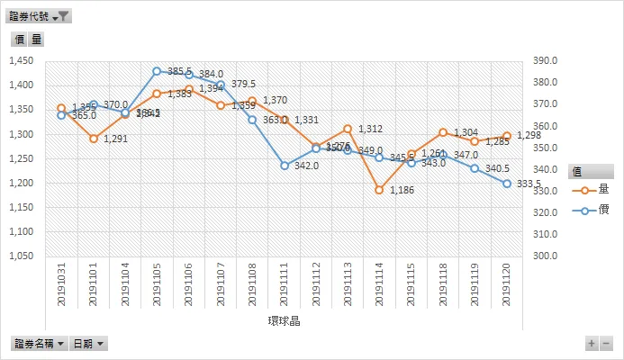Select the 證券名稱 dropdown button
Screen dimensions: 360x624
[39, 344]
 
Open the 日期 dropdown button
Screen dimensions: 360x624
[88, 344]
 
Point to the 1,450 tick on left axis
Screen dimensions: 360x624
[20, 61]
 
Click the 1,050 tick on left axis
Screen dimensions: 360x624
[20, 256]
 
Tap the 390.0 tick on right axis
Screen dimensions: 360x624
[547, 61]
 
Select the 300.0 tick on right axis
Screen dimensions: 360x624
[547, 256]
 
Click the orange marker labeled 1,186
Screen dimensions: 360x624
[380, 190]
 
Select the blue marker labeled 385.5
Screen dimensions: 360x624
[157, 71]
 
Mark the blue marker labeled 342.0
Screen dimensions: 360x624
[285, 166]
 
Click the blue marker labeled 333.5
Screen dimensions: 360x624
[507, 184]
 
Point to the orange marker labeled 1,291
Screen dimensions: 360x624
[94, 139]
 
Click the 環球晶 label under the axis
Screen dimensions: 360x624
[284, 321]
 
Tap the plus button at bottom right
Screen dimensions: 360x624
[592, 344]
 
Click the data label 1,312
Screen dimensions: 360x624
[370, 130]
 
